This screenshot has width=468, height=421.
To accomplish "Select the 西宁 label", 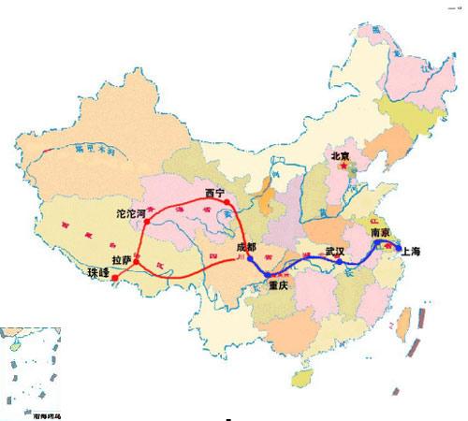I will [x=215, y=194].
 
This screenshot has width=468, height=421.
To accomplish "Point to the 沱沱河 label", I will [x=130, y=214].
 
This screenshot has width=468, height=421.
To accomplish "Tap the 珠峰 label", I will [x=98, y=273].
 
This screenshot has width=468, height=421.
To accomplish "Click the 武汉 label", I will [x=335, y=252].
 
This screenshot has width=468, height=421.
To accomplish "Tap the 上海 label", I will [x=410, y=251].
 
